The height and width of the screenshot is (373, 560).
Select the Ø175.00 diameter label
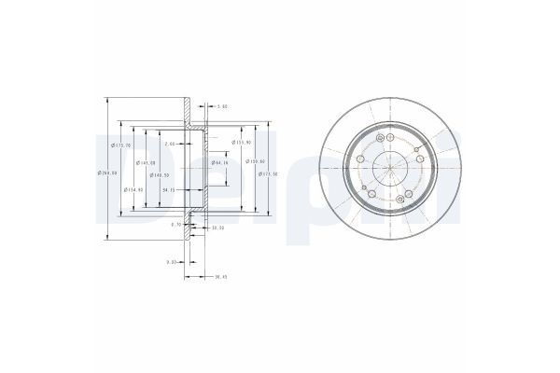click(120, 145)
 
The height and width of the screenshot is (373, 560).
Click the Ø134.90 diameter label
click(133, 189)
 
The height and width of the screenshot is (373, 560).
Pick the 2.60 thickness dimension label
click(170, 145)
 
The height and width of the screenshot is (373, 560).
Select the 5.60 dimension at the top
click(222, 106)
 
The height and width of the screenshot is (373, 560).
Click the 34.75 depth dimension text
click(170, 190)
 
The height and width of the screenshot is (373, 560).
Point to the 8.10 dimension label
click(175, 225)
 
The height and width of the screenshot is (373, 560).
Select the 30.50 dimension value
click(218, 228)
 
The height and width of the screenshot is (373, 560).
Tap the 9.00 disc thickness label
click(172, 262)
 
